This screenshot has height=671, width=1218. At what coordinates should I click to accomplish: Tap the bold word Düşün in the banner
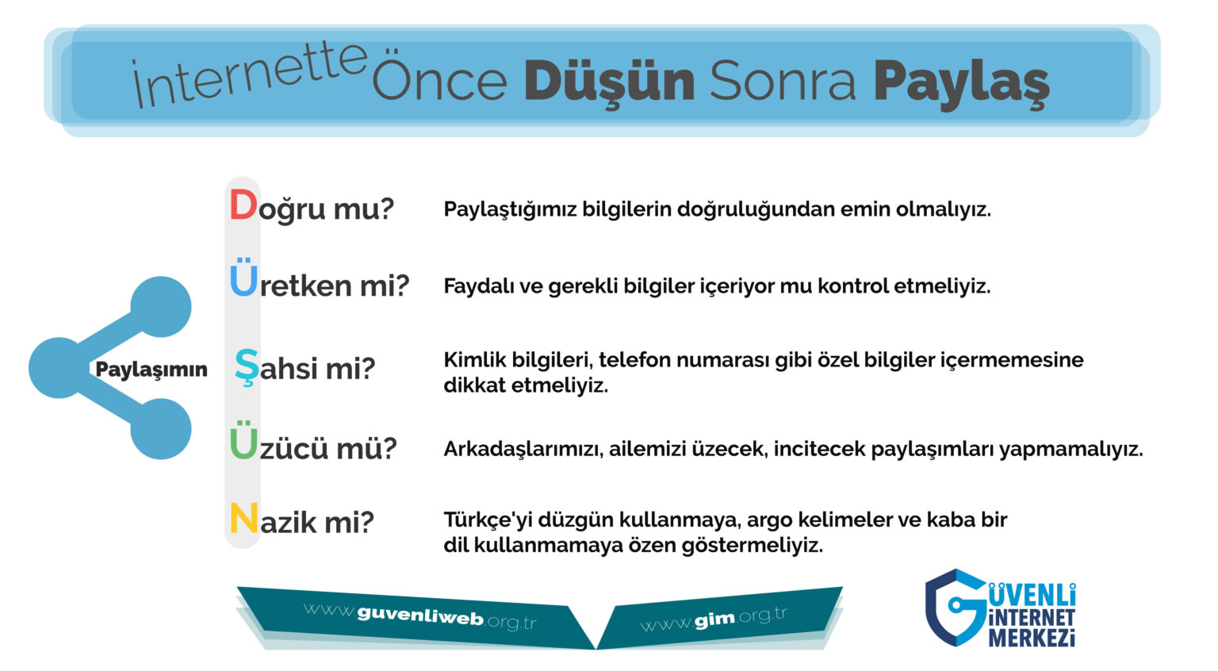click(609, 82)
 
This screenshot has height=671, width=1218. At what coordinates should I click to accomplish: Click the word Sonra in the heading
click(783, 81)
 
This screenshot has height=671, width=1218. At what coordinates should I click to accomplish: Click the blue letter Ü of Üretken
click(243, 278)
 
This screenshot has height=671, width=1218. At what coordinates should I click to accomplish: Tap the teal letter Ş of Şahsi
click(247, 366)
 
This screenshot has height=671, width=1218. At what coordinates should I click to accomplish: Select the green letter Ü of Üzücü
click(243, 440)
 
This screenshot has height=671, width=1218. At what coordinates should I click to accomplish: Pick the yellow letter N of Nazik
click(243, 518)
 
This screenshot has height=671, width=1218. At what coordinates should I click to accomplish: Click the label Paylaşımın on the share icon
click(151, 370)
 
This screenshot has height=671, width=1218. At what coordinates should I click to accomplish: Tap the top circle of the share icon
click(161, 307)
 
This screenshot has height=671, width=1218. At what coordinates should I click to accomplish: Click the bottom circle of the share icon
click(161, 429)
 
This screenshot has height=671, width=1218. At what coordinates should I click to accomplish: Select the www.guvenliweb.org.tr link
click(419, 615)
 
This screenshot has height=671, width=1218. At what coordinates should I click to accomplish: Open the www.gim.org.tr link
click(714, 619)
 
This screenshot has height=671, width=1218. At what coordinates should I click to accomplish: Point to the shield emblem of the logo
click(955, 608)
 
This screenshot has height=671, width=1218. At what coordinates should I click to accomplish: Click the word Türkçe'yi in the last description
click(488, 520)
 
